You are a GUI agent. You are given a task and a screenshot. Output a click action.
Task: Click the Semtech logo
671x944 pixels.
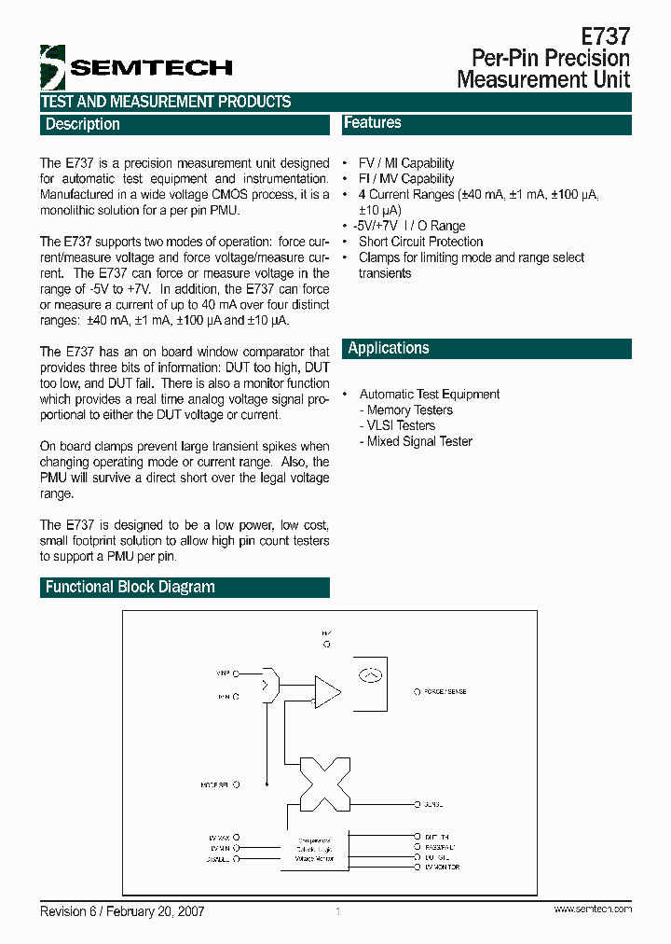[135, 66]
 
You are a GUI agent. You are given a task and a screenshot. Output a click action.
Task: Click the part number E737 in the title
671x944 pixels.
[606, 36]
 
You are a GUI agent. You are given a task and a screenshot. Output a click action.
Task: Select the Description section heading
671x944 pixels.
[83, 124]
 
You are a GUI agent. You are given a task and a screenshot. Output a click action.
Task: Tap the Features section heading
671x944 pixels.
[373, 123]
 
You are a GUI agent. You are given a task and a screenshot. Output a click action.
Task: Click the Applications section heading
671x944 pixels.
[389, 349]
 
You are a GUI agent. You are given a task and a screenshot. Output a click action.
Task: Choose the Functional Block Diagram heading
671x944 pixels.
[130, 588]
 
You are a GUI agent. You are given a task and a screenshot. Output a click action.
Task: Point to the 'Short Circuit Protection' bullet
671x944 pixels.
[420, 242]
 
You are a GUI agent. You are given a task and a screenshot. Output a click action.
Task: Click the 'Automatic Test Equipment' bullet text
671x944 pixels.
[430, 395]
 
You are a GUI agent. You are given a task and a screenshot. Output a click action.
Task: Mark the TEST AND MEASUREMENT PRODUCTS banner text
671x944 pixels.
[166, 102]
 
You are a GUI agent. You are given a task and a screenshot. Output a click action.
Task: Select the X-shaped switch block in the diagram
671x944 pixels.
[322, 784]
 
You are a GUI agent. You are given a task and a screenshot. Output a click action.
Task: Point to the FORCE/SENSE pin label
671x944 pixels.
[445, 692]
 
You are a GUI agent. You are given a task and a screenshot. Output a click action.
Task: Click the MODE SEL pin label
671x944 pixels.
[215, 784]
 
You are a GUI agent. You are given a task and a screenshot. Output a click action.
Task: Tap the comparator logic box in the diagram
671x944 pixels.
[316, 850]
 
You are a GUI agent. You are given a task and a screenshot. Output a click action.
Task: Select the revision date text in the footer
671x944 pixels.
[122, 911]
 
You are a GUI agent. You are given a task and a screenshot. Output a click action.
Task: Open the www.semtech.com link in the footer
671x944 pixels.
[593, 909]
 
